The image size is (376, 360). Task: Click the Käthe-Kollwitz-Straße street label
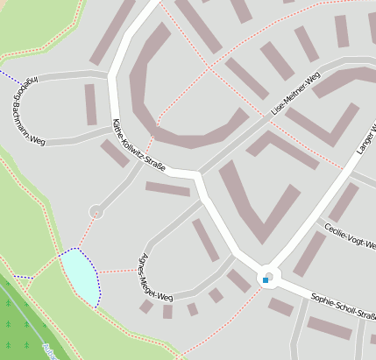coord(143,145)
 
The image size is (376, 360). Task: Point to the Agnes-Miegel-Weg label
coord(157,278)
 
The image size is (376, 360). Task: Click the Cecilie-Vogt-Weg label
coord(348,234)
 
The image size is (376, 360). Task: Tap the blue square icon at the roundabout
coord(265,280)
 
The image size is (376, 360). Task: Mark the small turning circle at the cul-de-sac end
coord(96,211)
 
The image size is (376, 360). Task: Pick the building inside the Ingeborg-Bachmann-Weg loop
coord(90,104)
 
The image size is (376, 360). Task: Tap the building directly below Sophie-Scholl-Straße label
coord(329,328)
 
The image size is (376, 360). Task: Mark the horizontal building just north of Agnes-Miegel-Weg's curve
coord(167,189)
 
